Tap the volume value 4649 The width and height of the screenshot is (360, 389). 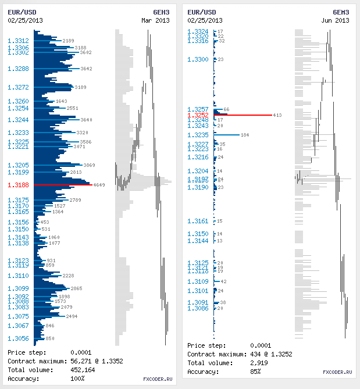(x=99, y=185)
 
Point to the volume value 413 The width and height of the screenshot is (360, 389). (x=277, y=115)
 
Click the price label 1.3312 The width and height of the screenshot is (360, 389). (x=19, y=41)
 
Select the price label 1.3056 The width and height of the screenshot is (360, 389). (x=19, y=338)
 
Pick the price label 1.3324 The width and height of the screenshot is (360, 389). (x=198, y=31)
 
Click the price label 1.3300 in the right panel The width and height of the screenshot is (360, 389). (x=198, y=59)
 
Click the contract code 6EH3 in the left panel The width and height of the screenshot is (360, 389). (x=161, y=12)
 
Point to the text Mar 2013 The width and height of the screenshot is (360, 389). (x=155, y=20)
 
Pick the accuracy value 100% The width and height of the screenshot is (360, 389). (x=77, y=379)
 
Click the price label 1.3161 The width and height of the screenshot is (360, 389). (x=198, y=221)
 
